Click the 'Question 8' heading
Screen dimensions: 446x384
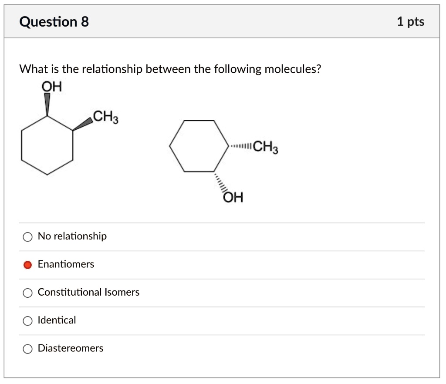(x=54, y=21)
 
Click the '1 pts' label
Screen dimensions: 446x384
(x=410, y=21)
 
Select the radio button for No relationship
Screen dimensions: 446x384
(x=27, y=237)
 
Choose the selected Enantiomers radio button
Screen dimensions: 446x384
(x=27, y=265)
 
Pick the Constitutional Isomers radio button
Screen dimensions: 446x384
(x=27, y=293)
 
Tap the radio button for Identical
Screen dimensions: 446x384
(x=27, y=321)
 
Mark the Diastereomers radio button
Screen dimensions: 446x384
(x=27, y=349)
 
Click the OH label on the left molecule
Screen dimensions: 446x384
(x=52, y=87)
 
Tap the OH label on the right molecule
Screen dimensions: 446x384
(x=233, y=198)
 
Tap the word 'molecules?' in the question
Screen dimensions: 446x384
(x=295, y=69)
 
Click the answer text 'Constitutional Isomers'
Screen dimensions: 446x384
(x=88, y=292)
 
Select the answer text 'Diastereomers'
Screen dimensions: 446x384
(x=71, y=348)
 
